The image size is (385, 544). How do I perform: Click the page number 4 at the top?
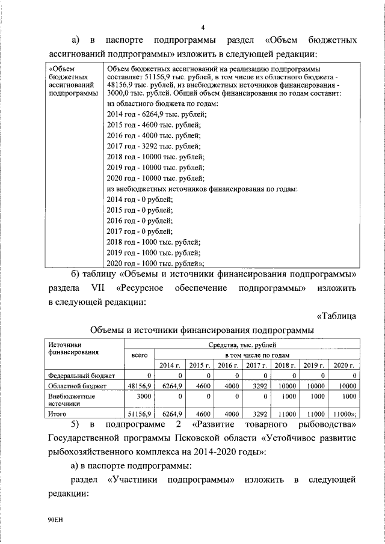point(203,28)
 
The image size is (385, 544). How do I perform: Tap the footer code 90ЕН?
point(55,519)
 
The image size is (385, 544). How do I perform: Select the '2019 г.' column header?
point(313,365)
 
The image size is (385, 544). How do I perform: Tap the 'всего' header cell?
point(140,356)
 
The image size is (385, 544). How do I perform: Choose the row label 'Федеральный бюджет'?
point(77,376)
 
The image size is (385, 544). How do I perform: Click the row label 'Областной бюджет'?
point(77,386)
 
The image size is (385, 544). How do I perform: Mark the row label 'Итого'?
point(58,414)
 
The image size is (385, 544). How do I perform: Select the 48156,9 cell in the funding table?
point(140,386)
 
